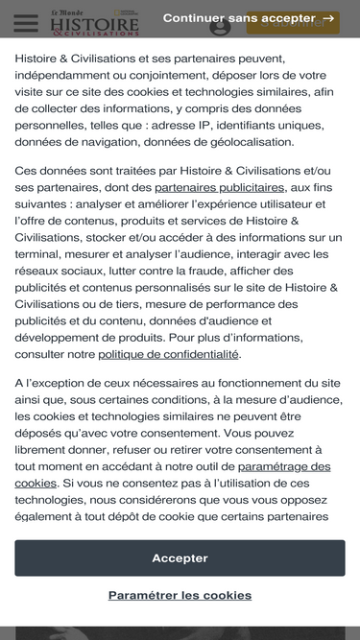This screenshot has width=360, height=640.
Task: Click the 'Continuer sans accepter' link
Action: (x=238, y=18)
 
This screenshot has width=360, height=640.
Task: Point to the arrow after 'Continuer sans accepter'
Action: (x=329, y=18)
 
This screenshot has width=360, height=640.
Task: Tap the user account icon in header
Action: (x=221, y=26)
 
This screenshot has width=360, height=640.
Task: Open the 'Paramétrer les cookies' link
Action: (x=180, y=595)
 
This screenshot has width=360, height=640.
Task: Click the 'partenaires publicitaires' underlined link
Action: (x=220, y=187)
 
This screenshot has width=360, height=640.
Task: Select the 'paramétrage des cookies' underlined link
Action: (x=284, y=466)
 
